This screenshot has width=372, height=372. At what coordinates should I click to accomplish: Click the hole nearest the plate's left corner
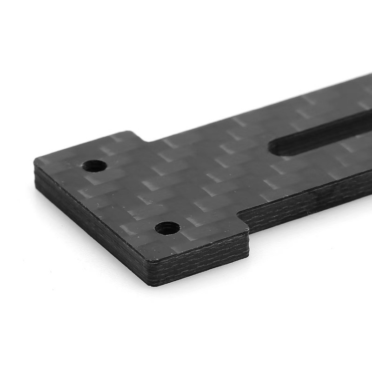(x=94, y=166)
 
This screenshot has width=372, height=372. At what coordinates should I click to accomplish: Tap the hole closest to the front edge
(x=167, y=228)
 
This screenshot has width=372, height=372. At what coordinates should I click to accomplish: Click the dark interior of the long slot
(x=321, y=135)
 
